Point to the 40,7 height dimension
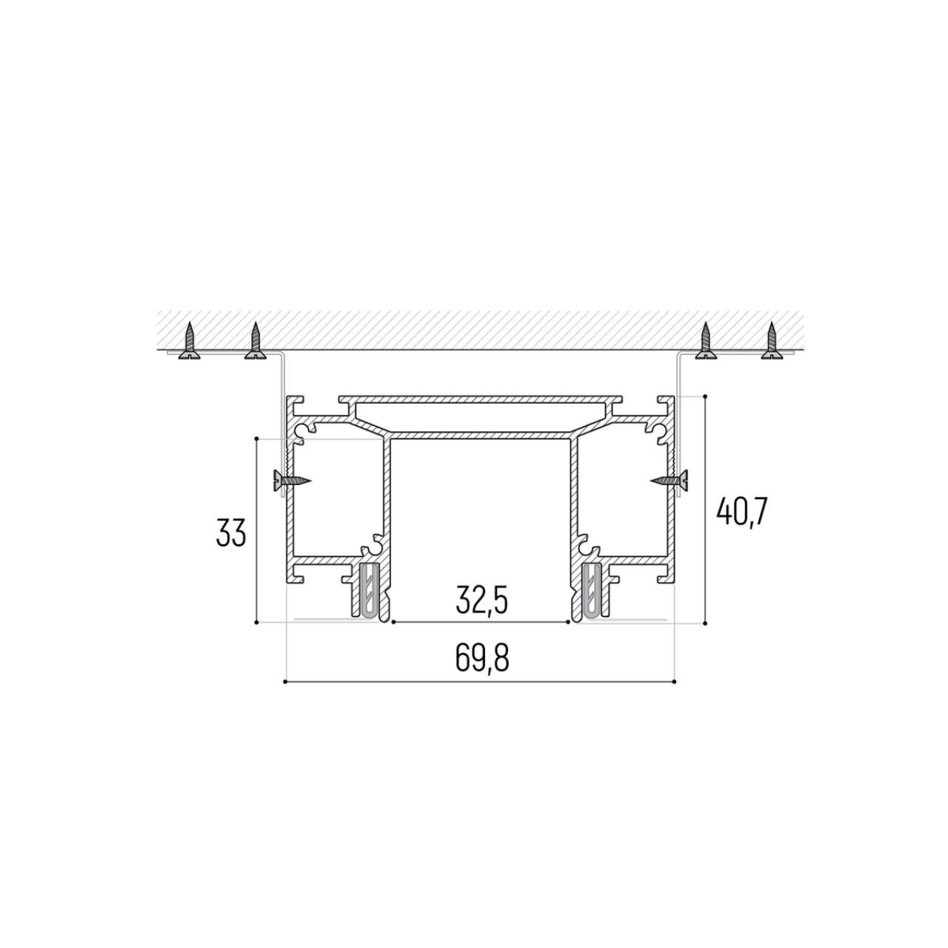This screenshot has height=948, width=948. coord(741,512)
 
